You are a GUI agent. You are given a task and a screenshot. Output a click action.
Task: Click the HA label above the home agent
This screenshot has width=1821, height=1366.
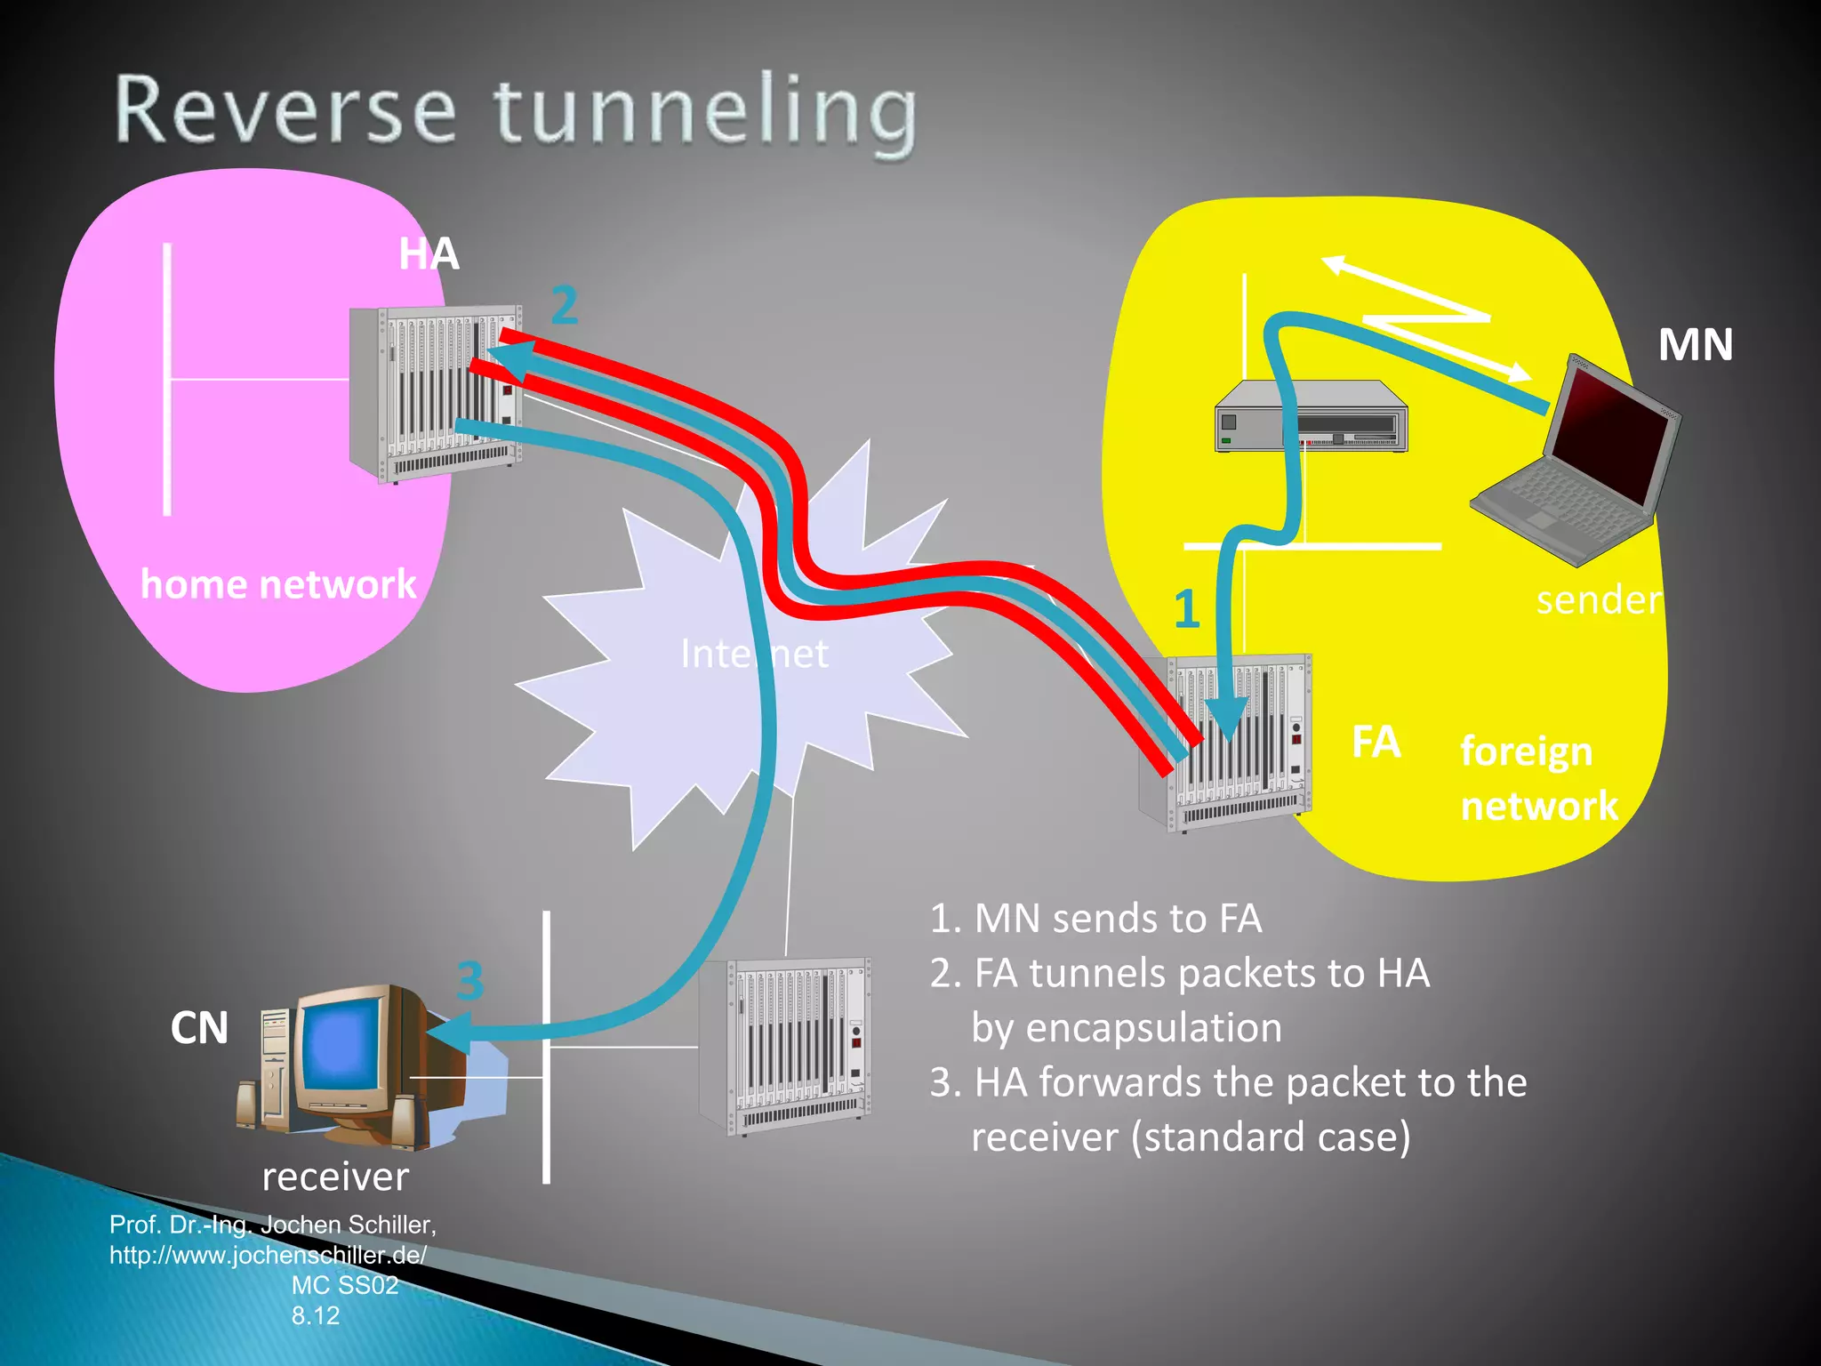tap(429, 254)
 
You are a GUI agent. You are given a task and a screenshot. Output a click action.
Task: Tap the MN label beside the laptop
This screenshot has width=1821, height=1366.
tap(1695, 345)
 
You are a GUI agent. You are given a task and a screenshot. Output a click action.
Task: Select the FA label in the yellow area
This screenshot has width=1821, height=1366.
tap(1376, 742)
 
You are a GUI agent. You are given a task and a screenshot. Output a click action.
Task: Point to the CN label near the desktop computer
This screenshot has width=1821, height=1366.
tap(199, 1028)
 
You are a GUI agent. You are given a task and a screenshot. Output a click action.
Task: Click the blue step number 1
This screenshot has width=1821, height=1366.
tap(1187, 610)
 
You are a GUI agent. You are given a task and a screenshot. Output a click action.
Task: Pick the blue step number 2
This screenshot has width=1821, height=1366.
tap(564, 306)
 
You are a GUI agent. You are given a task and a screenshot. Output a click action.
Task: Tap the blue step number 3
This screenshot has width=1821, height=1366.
tap(470, 981)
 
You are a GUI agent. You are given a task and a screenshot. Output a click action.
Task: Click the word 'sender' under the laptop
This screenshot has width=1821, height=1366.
tap(1598, 600)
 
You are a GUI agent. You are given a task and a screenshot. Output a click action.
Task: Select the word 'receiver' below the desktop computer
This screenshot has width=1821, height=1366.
tap(335, 1177)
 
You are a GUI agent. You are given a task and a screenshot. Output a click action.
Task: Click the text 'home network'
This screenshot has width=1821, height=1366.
tap(278, 584)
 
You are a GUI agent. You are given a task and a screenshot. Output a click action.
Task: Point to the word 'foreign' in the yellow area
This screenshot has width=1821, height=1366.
tap(1526, 751)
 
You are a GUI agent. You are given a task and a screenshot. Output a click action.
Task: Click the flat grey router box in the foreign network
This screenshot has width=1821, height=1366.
tap(1311, 418)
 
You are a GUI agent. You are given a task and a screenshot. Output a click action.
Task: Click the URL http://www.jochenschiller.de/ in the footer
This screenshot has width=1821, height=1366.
tap(268, 1255)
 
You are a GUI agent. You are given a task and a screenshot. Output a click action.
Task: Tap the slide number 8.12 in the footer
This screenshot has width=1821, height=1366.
tap(316, 1315)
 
